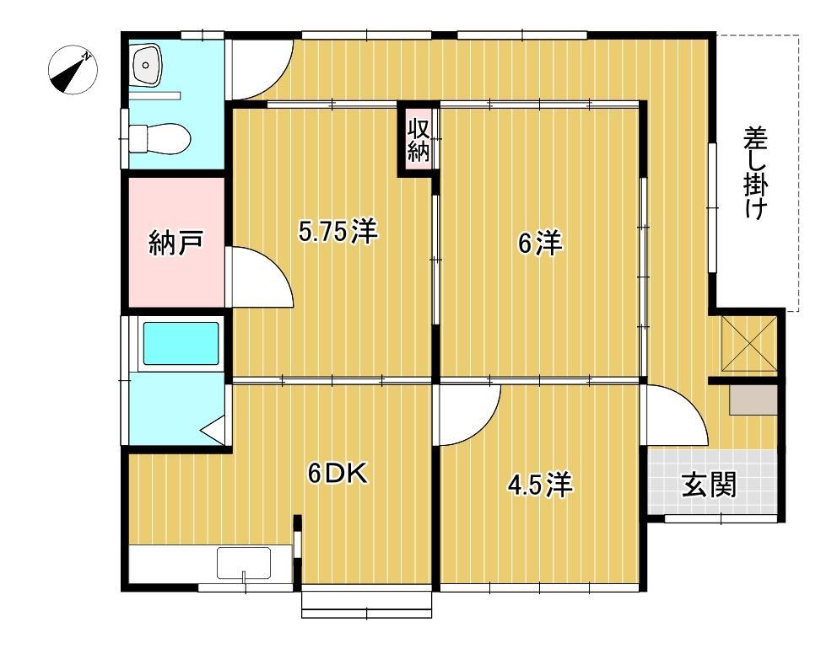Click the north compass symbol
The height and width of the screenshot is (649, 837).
click(x=73, y=70)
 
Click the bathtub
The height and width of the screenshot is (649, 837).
click(x=181, y=343)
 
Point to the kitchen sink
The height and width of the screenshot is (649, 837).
click(x=244, y=562)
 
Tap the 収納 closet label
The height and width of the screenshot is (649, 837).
click(x=418, y=140)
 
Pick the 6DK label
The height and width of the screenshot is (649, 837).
click(x=337, y=475)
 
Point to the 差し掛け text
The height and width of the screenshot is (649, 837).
click(x=755, y=173)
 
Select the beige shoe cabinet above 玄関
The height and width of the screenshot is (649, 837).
click(x=753, y=400)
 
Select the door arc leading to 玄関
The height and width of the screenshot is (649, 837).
click(x=675, y=415)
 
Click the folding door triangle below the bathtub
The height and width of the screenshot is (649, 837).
click(x=214, y=428)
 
